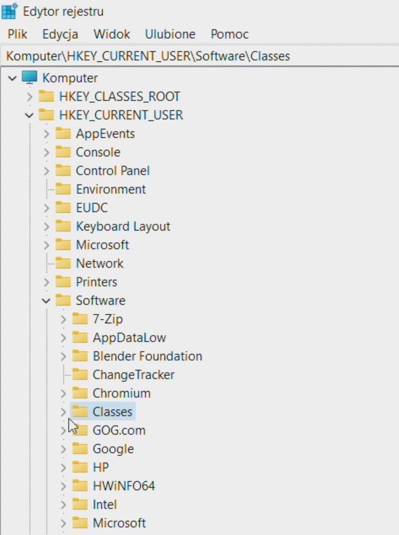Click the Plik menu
pos(17,34)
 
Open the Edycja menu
pos(60,34)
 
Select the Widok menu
pos(112,34)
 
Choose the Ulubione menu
pos(170,34)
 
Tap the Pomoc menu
pos(229,34)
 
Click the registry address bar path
pos(148,56)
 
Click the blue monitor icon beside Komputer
pos(29,78)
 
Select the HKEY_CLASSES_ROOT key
pos(120,97)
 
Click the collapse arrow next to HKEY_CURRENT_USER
pos(29,115)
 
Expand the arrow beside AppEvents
pos(47,134)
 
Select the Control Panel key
pos(112,171)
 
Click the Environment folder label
pos(111,189)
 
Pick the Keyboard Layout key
pos(123,226)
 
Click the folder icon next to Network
pos(63,263)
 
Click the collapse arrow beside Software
pos(46,301)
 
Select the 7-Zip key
pos(107,319)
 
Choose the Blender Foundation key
pos(147,356)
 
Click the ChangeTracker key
pos(133,375)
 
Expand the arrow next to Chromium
pos(63,393)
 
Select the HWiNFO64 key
pos(124,486)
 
